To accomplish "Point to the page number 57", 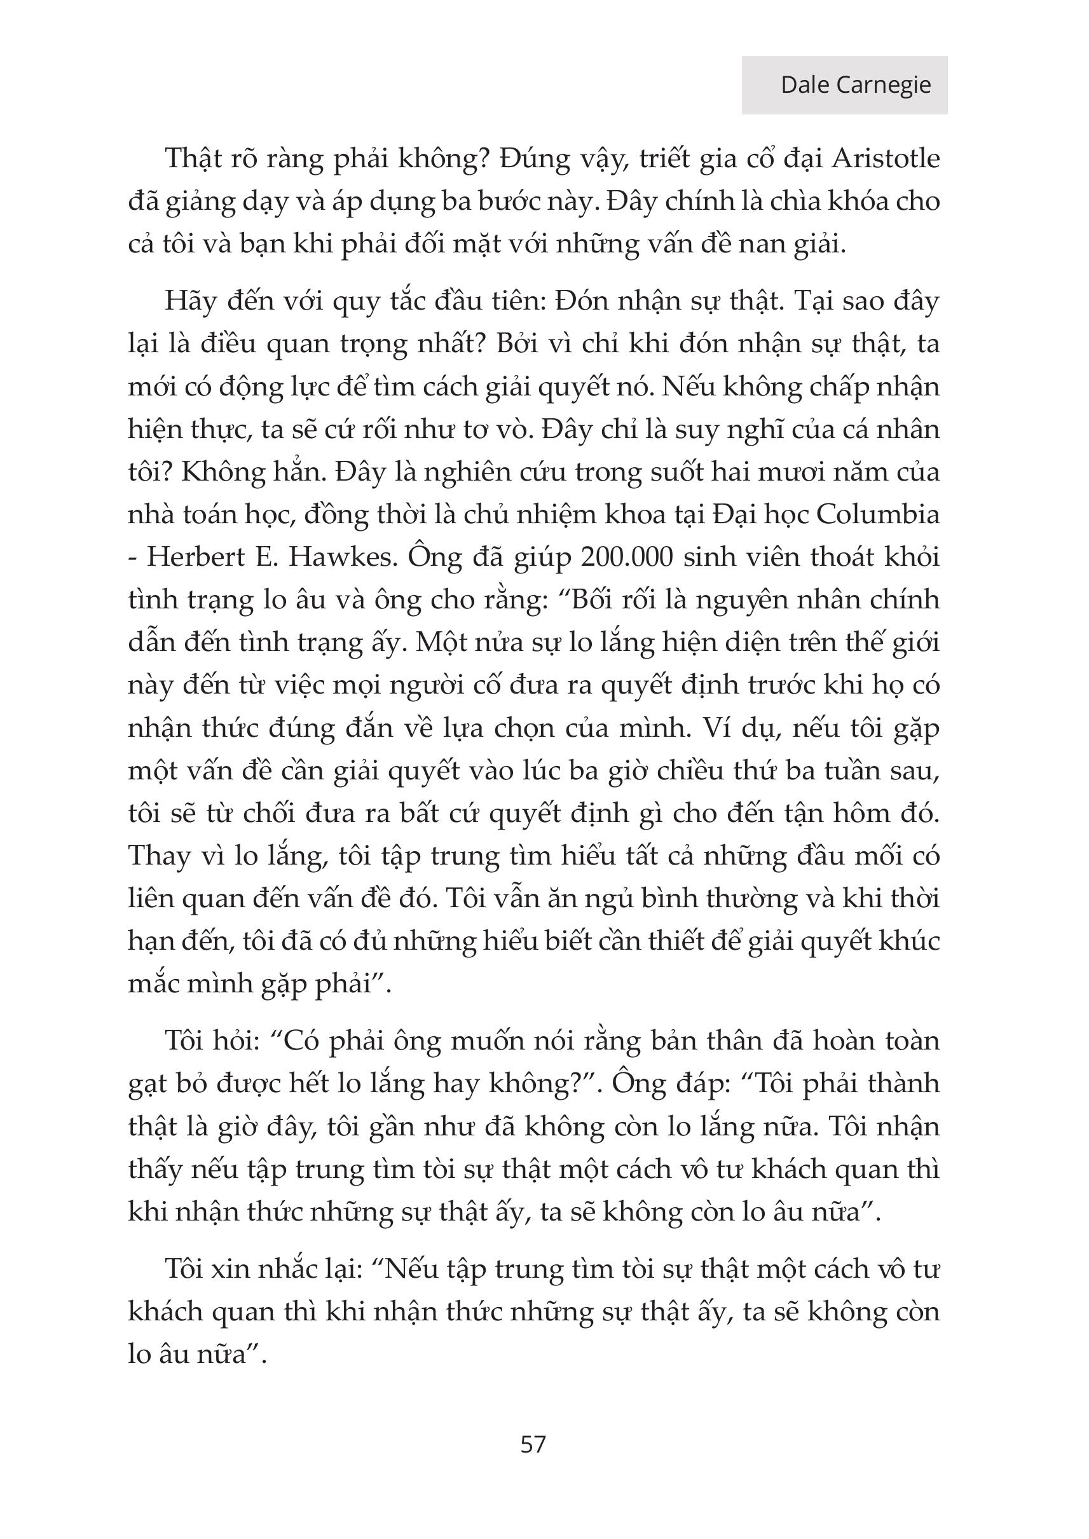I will [x=533, y=1444].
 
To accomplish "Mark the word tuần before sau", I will [x=861, y=770].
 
